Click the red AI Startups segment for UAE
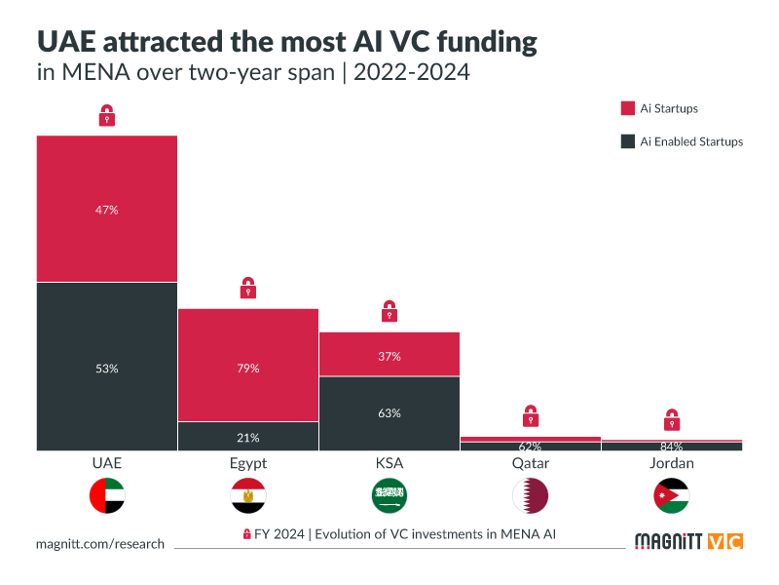107,209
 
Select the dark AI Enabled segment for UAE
107,367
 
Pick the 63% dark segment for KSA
389,412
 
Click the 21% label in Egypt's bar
248,438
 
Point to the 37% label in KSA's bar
389,356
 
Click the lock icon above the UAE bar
107,116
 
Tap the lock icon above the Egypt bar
248,289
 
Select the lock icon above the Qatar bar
531,415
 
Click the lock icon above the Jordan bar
672,419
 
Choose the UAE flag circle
107,496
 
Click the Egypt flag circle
248,496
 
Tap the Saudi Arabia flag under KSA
389,496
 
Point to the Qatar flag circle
531,496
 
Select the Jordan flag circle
672,496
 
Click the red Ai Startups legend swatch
628,108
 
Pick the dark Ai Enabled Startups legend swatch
628,141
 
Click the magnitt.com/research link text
100,544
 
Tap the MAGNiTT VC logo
687,541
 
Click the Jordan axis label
672,463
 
